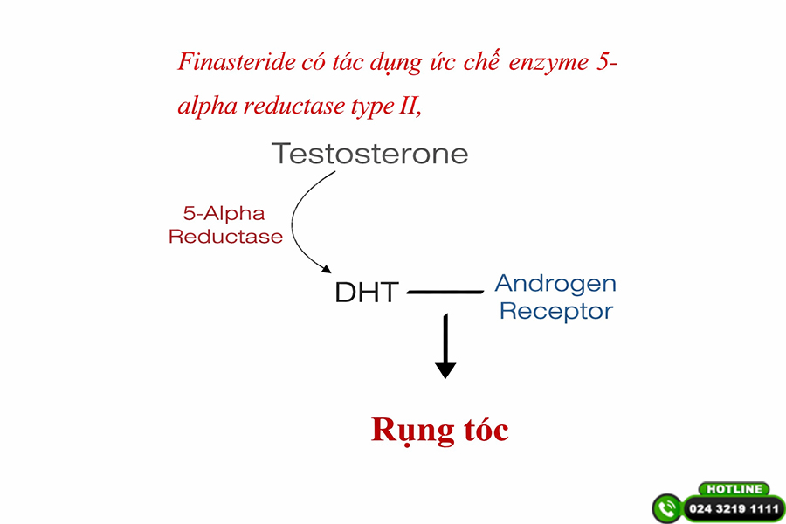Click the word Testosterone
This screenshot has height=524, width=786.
coord(369,155)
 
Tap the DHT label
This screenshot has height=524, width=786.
coord(366,293)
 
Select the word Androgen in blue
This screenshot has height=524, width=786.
coord(555,283)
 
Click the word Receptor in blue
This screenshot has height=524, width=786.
coord(555,311)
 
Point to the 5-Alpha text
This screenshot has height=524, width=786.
coord(224,213)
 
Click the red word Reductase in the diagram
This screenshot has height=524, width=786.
coord(225,237)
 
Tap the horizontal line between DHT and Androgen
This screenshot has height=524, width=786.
coord(445,292)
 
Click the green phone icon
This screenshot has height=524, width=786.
coord(667,508)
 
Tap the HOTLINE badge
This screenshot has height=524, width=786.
coord(733,489)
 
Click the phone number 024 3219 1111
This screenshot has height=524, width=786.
coord(734,508)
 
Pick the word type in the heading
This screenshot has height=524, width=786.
coord(373,108)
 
